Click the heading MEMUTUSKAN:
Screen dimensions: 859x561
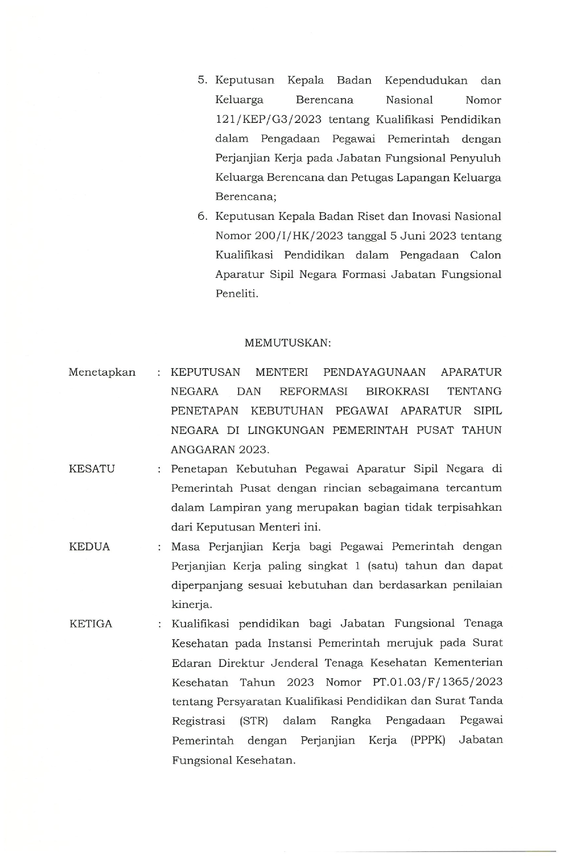(287, 343)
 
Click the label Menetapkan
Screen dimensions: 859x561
(102, 372)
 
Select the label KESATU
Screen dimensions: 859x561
(92, 469)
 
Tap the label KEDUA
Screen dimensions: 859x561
(89, 547)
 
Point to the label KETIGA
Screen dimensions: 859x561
(91, 624)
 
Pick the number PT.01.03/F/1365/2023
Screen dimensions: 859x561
(437, 682)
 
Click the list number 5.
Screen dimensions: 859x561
(202, 80)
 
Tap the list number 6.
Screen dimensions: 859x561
(202, 216)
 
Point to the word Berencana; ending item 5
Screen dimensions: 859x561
(246, 196)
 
